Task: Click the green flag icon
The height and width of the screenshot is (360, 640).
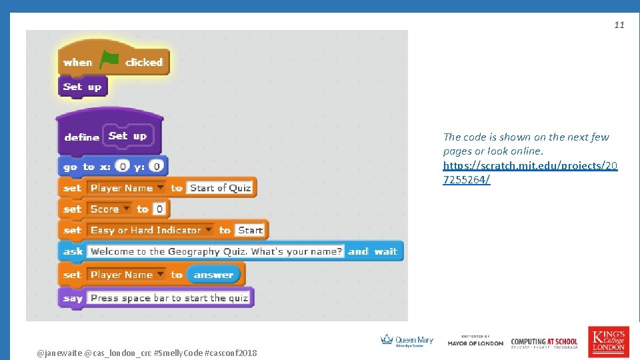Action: coord(109,61)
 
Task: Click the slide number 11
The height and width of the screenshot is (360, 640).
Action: coord(619,25)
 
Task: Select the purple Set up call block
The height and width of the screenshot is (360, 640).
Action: coord(82,87)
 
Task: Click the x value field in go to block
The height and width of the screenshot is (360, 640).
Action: coord(122,166)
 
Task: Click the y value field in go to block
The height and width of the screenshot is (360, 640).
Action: coord(155,166)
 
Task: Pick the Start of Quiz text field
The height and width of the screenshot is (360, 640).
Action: coord(220,188)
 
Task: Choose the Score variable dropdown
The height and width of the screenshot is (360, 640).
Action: coord(111,209)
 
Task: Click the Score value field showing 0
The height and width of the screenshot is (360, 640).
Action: coord(159,209)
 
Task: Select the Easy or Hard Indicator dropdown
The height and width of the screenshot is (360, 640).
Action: coord(151,231)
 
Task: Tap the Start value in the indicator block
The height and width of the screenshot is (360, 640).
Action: coord(250,231)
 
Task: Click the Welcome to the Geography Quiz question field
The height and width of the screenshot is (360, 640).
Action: coord(216,252)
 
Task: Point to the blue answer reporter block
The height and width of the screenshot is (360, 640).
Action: coord(213,275)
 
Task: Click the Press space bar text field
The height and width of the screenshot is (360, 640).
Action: coord(169,298)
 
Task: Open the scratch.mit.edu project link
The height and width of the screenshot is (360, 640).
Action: coord(530,173)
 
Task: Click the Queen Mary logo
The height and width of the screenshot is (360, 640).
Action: coord(407,341)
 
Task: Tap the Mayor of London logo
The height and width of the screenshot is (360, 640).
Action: coord(475,341)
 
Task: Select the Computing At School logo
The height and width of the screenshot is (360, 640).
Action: coord(544,343)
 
